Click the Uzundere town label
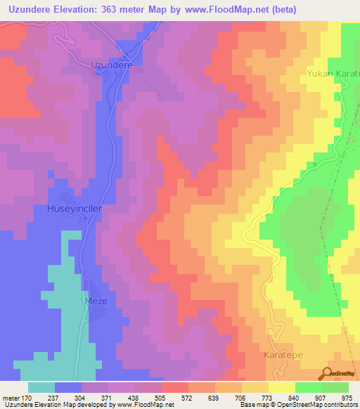[112, 65]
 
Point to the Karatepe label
[285, 356]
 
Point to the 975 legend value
[347, 397]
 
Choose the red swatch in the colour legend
[175, 387]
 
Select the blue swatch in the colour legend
[68, 387]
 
